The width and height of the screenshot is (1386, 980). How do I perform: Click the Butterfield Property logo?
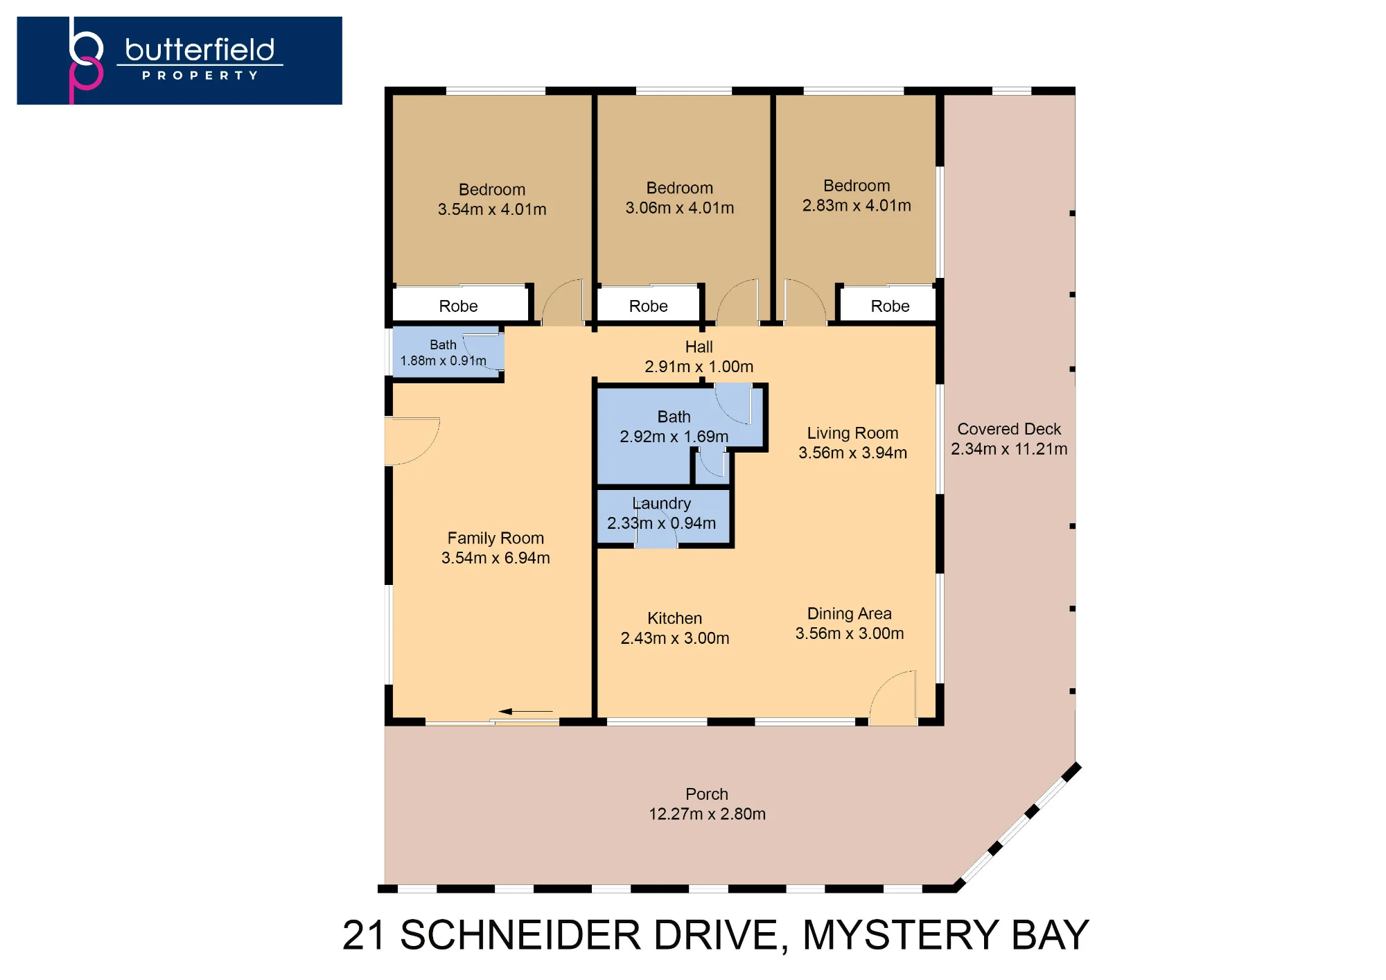pos(179,60)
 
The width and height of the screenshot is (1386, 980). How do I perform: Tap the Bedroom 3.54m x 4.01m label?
pos(492,200)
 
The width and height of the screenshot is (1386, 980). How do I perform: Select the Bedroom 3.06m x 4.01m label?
pos(680,198)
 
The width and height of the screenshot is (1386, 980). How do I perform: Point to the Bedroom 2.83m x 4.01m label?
pos(857,196)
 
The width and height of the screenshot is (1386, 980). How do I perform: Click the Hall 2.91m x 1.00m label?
pos(699,357)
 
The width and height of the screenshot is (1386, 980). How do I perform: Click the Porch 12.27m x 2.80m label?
pos(707,804)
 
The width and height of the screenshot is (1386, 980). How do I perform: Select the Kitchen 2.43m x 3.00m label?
pos(675,628)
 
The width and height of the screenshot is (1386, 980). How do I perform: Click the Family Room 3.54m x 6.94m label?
pos(495,548)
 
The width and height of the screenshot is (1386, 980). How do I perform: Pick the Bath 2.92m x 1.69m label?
pos(674,426)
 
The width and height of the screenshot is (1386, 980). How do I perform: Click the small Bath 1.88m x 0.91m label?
pos(444,353)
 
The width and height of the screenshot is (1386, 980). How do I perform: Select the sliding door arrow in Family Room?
pos(525,711)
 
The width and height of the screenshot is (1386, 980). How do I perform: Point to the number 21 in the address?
pos(364,935)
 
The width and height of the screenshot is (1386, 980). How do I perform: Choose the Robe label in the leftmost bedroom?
pos(458,306)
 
